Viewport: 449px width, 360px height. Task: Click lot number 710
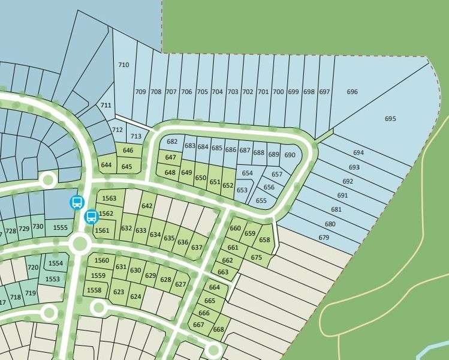pos(124,65)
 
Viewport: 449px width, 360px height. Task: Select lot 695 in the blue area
pos(390,119)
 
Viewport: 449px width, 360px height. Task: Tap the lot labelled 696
pos(352,92)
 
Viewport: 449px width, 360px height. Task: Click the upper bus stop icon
pos(77,202)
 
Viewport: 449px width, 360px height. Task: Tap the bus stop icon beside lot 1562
pos(91,216)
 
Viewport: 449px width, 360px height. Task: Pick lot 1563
pos(109,199)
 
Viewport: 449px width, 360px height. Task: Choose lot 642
pos(147,206)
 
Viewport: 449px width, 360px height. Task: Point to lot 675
pos(257,257)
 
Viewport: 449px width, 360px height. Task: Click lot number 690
pos(290,155)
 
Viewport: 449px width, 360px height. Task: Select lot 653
pos(242,190)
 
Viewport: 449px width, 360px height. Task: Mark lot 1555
pos(60,227)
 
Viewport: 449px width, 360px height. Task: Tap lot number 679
pos(324,238)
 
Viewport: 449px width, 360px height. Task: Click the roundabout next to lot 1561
pos(79,243)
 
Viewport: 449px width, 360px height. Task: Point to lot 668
pos(218,329)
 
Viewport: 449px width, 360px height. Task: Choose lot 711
pos(106,105)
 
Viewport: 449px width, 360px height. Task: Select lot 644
pos(106,164)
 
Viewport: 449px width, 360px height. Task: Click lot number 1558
pos(94,290)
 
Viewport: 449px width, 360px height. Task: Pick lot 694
pos(358,153)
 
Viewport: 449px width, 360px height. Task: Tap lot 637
pos(197,247)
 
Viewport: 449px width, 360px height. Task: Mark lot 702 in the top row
pos(247,92)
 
